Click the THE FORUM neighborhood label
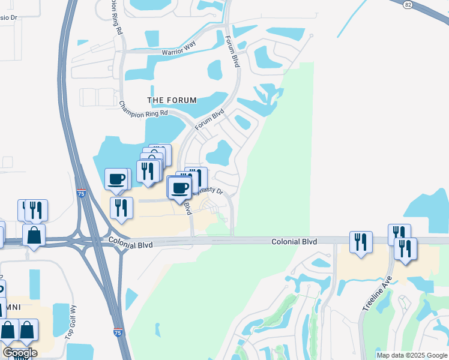click(172, 100)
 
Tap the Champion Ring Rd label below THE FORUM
click(143, 109)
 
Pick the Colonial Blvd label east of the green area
click(294, 241)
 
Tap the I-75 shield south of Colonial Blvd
click(119, 331)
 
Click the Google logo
click(19, 352)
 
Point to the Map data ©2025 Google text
click(411, 355)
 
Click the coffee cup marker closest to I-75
click(116, 179)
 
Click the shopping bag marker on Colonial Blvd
click(34, 235)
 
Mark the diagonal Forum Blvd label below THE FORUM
click(209, 117)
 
